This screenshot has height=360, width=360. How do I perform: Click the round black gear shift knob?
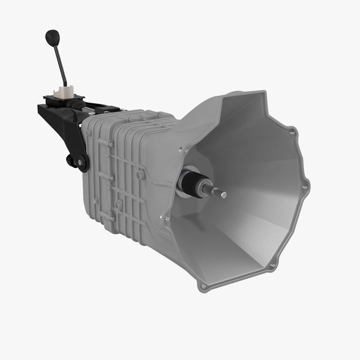click(x=53, y=38)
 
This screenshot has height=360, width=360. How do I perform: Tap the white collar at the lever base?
click(x=64, y=92)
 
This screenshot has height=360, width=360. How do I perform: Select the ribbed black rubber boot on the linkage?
click(x=77, y=105)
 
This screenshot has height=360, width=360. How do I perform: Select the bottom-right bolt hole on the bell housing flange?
click(x=273, y=265)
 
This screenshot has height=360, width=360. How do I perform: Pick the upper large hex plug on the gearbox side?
click(x=140, y=174)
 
